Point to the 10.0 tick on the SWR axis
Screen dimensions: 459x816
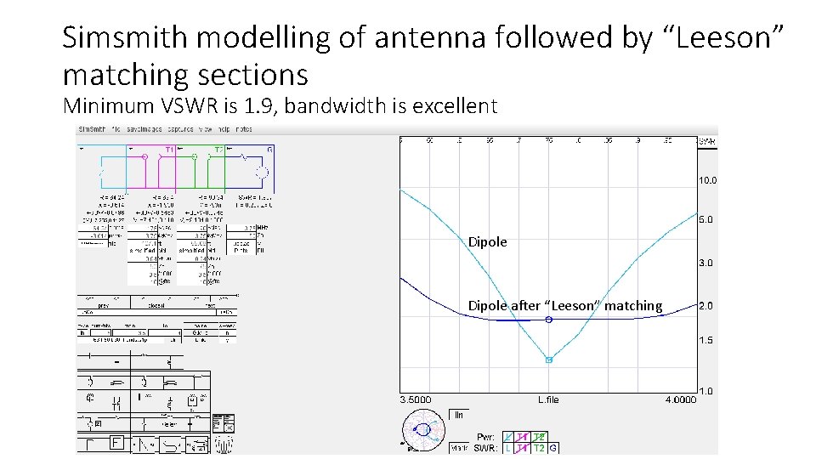[707, 180]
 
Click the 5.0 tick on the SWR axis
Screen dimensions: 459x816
[705, 219]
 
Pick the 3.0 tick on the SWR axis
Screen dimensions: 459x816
[705, 263]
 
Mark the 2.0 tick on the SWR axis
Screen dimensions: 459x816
[705, 305]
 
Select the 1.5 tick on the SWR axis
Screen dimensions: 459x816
[705, 340]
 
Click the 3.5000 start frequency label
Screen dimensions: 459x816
[416, 399]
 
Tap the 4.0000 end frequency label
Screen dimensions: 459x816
[679, 399]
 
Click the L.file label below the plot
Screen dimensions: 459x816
[547, 399]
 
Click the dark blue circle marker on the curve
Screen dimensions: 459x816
[549, 320]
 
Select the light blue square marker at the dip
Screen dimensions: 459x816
[549, 360]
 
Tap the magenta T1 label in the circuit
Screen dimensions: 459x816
[170, 149]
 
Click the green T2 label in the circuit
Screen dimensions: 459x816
[219, 149]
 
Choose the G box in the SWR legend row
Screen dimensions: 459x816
[553, 448]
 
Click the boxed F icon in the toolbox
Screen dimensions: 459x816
[116, 443]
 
